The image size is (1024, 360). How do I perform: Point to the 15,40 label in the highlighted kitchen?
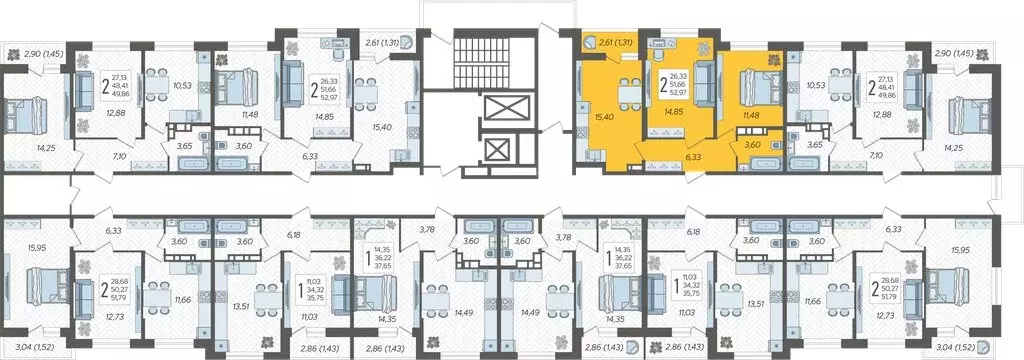tap(601, 116)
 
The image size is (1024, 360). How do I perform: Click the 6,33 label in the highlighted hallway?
tap(695, 156)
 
